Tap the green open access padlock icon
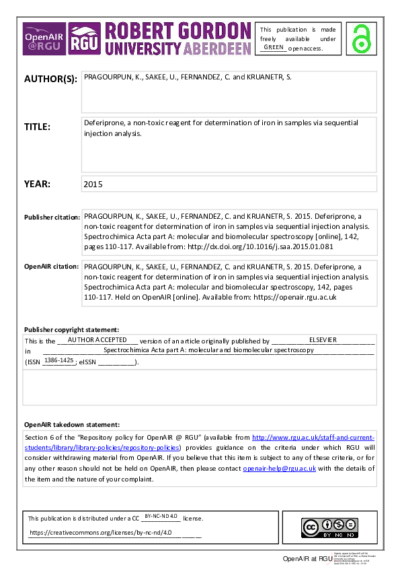click(x=362, y=38)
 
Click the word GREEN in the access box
click(x=274, y=47)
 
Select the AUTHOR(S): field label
click(x=50, y=79)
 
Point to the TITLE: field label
click(x=37, y=127)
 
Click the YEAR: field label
click(x=36, y=184)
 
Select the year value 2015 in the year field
click(x=93, y=184)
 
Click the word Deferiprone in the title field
click(x=104, y=123)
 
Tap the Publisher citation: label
click(x=51, y=218)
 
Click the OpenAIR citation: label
click(x=51, y=267)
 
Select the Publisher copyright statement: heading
click(x=71, y=330)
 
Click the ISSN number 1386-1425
click(x=58, y=361)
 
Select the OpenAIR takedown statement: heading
click(x=72, y=425)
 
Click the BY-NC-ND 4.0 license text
click(x=161, y=516)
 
